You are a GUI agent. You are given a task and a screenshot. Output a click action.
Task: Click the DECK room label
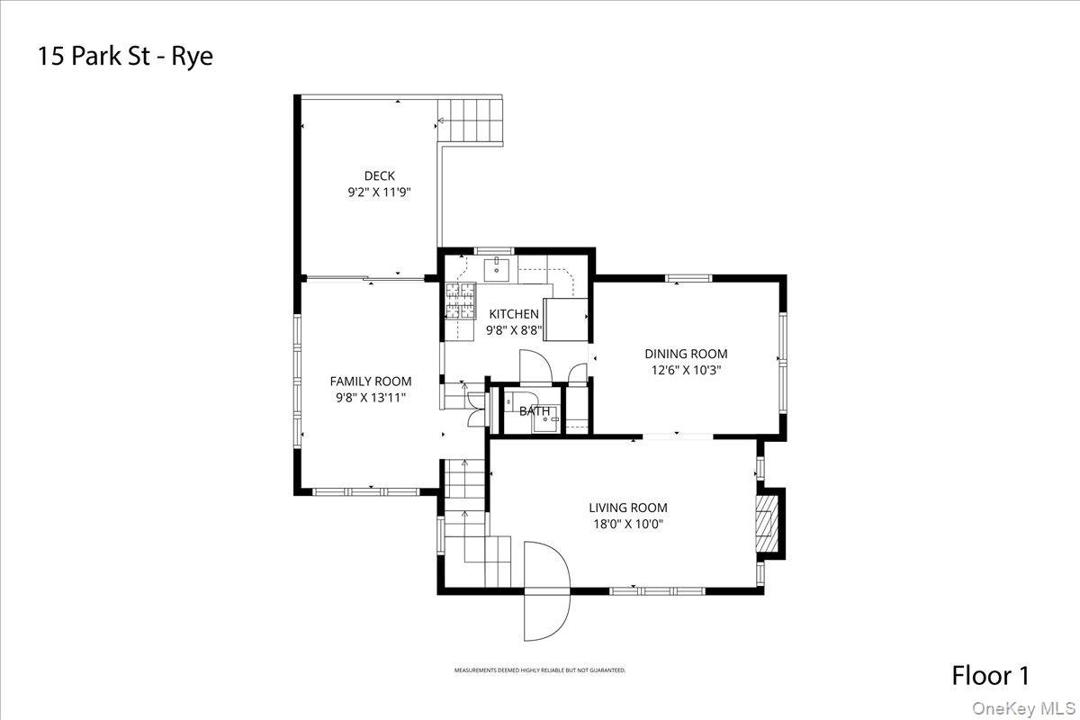point(379,175)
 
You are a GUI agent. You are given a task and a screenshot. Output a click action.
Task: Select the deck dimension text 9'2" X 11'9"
point(379,192)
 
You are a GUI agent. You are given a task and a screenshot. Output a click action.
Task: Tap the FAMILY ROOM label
point(370,381)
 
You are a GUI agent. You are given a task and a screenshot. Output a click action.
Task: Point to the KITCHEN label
point(514,313)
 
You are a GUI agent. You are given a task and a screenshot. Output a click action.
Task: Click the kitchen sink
point(496,267)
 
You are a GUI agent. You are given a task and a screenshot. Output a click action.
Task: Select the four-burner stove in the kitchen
point(459,301)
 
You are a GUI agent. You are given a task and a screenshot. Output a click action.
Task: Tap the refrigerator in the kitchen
point(568,320)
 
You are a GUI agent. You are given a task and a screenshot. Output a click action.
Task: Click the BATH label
point(534,411)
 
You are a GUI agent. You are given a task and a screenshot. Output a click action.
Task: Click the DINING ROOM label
point(686,354)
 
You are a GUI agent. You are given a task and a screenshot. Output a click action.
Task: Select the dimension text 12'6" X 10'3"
point(686,369)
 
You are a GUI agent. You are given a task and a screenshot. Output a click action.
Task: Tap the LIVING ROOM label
point(628,508)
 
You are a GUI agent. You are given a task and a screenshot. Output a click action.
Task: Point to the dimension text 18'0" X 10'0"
point(628,524)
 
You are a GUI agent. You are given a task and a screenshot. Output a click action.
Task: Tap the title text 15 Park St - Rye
point(125,57)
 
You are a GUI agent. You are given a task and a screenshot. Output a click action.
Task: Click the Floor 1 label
point(990,675)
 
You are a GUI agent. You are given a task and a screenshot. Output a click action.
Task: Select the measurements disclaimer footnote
point(539,670)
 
